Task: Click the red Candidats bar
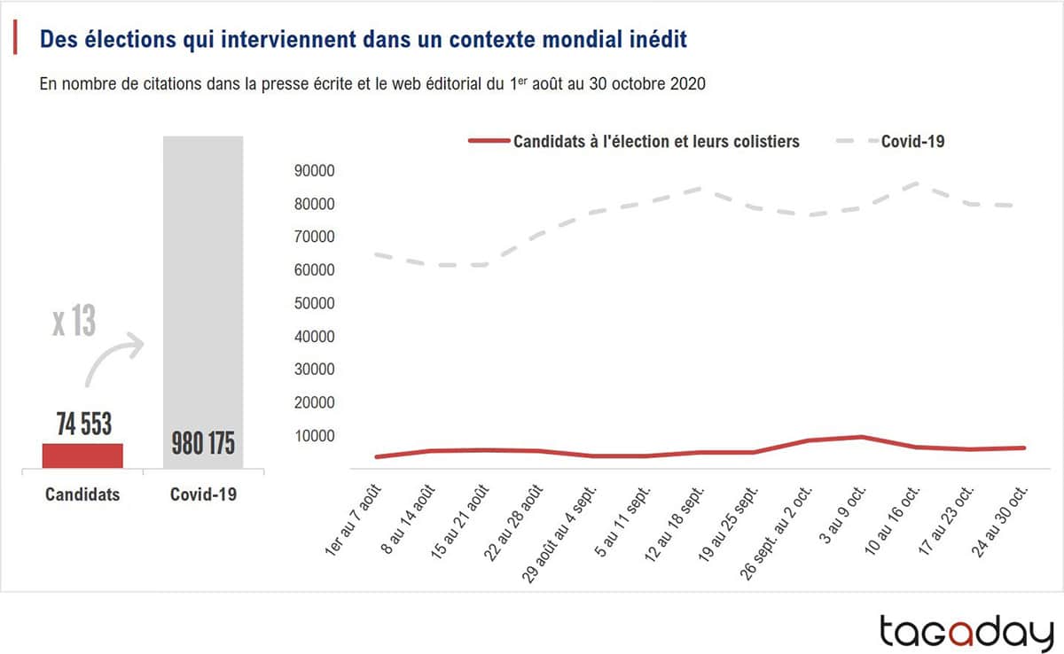click(82, 455)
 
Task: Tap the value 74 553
click(84, 424)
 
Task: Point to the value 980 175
click(203, 443)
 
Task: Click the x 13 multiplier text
click(74, 322)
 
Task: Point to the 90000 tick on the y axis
click(315, 171)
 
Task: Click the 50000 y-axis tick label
click(315, 304)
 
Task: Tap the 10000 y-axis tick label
click(315, 436)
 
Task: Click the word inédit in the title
click(656, 40)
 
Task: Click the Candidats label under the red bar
click(82, 494)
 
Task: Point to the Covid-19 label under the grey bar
click(203, 494)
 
